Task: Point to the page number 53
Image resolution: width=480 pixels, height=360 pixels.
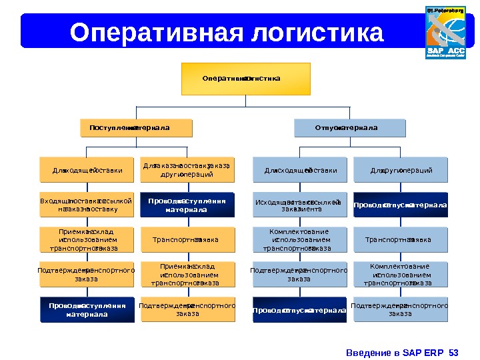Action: pyautogui.click(x=455, y=352)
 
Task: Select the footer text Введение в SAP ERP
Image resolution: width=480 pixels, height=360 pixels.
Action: pyautogui.click(x=397, y=352)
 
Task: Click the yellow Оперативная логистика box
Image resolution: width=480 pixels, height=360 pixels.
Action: pyautogui.click(x=246, y=79)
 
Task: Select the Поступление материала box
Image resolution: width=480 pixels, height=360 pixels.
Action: pyautogui.click(x=135, y=127)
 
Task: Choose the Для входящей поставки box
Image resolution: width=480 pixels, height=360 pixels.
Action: pyautogui.click(x=87, y=170)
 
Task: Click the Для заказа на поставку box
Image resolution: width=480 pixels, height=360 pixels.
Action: pyautogui.click(x=187, y=170)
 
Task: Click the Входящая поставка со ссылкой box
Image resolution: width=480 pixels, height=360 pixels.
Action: pyautogui.click(x=87, y=205)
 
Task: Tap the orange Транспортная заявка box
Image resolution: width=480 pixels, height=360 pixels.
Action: pyautogui.click(x=187, y=239)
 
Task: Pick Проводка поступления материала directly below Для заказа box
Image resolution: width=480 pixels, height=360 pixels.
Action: pyautogui.click(x=187, y=205)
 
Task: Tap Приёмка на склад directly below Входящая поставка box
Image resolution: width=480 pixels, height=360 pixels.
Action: pyautogui.click(x=87, y=239)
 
